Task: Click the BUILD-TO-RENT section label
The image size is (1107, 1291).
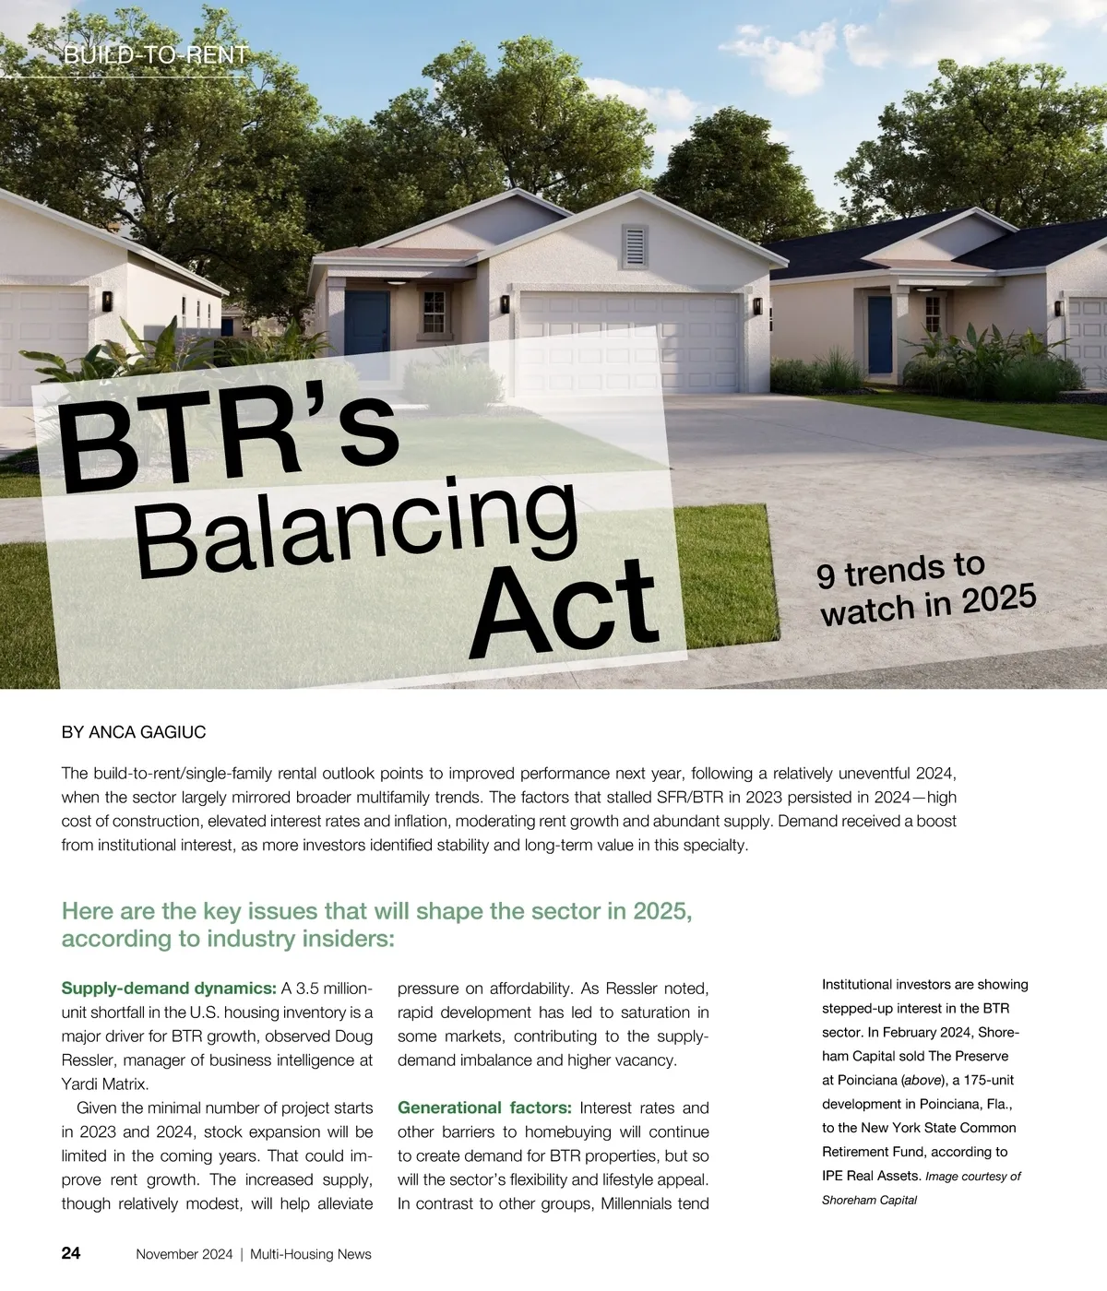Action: tap(156, 55)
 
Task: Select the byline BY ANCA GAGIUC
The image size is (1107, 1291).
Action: tap(134, 732)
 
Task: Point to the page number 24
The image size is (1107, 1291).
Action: tap(71, 1252)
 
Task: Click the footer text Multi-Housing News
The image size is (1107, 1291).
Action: tap(311, 1254)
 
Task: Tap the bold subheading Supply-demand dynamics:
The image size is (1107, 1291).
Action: tap(169, 989)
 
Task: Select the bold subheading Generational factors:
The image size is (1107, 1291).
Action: tap(484, 1107)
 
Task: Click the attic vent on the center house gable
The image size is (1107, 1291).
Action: tap(635, 244)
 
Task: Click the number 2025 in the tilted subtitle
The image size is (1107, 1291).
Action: tap(999, 599)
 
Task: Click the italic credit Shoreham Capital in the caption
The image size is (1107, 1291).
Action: tap(869, 1200)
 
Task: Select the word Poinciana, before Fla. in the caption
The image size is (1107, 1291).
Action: tap(950, 1104)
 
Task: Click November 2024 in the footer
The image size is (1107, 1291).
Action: tap(184, 1254)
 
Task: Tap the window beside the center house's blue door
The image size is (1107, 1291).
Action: tap(434, 311)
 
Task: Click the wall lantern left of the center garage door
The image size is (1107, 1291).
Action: tap(506, 303)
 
